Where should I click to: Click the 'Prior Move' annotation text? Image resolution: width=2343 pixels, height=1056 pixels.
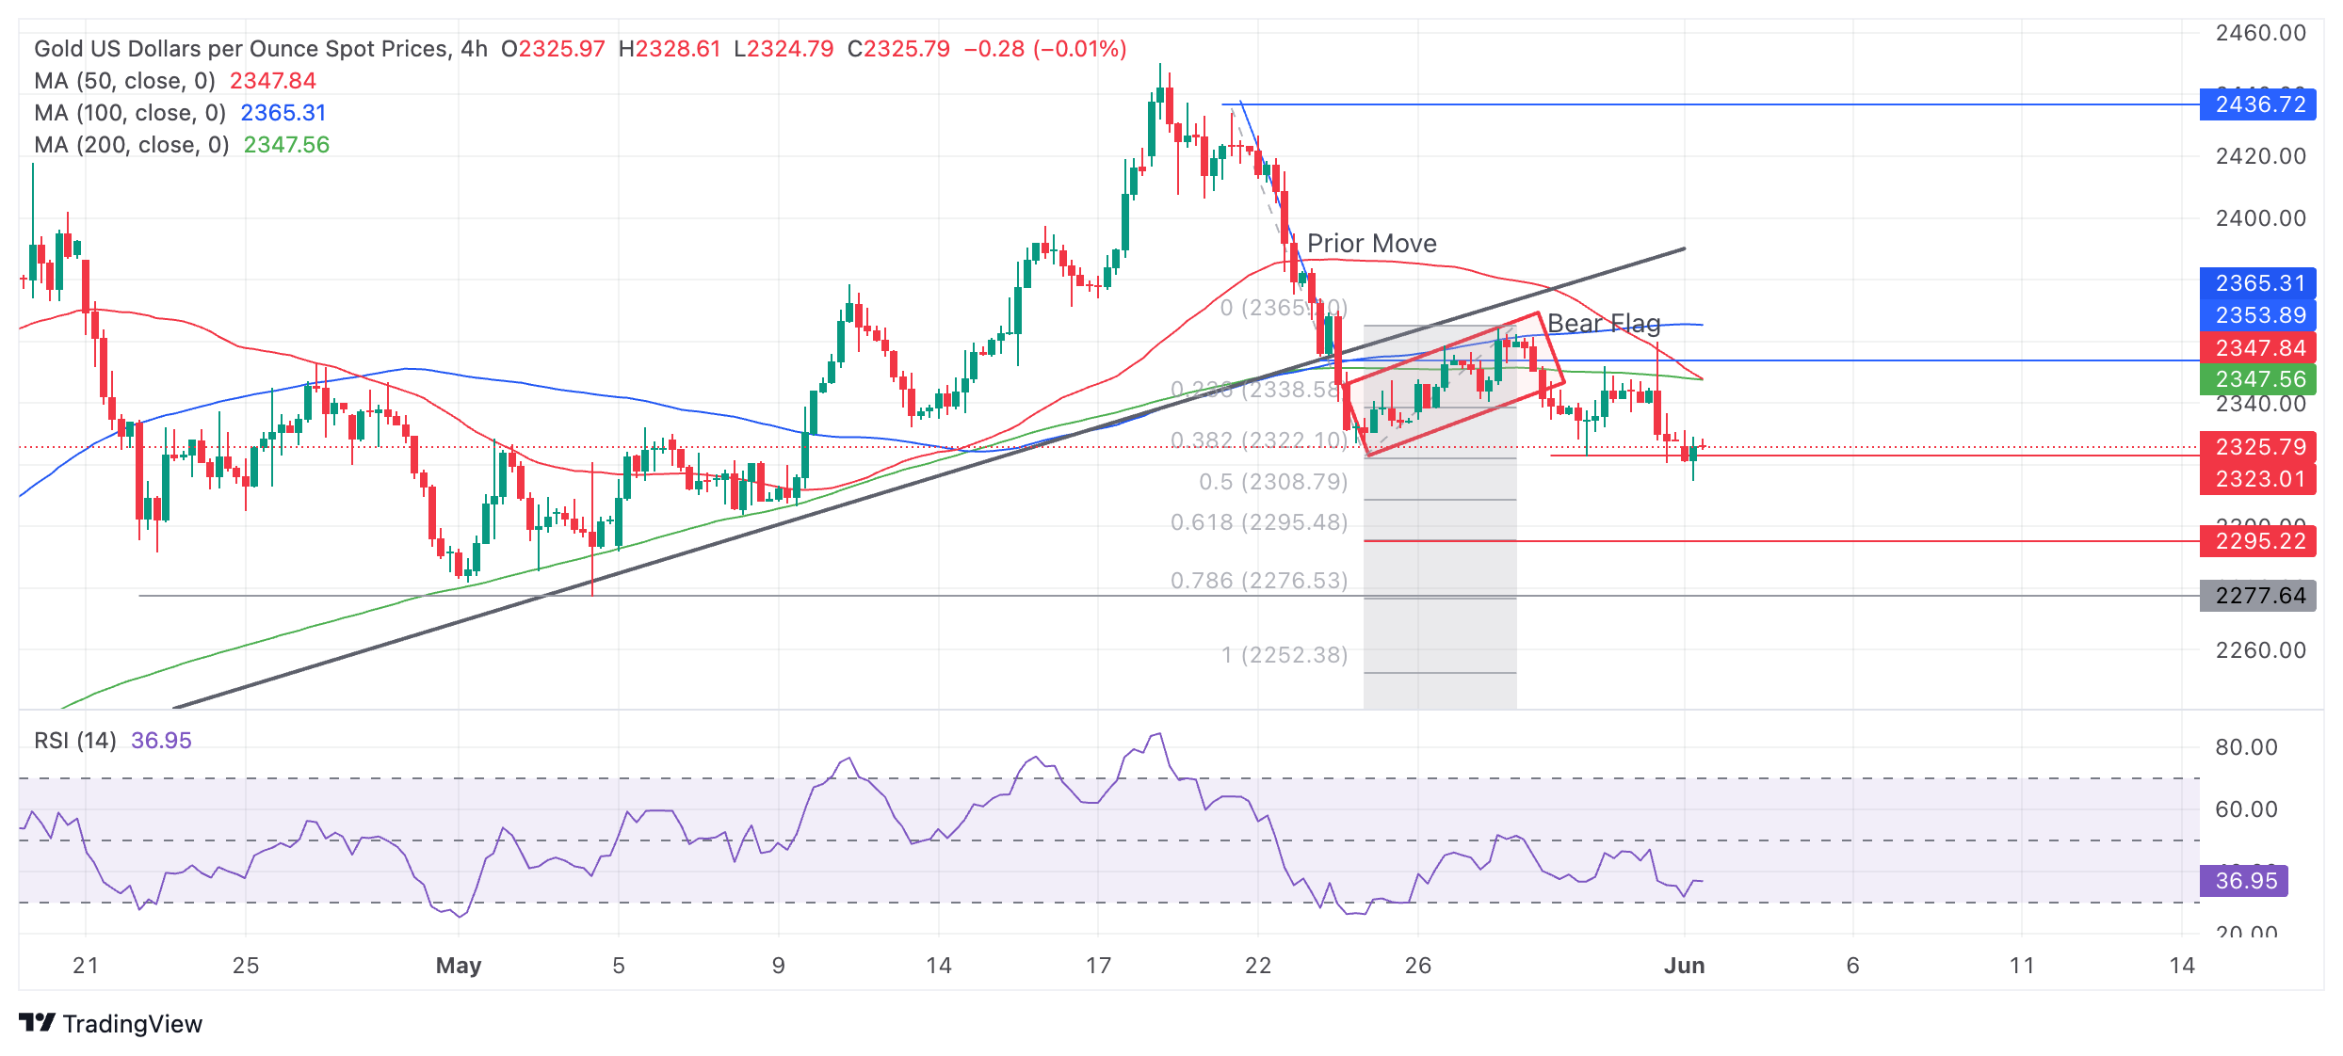tap(1371, 244)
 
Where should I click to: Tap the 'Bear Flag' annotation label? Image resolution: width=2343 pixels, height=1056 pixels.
tap(1603, 324)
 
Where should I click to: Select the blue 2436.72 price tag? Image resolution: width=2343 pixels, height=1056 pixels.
tap(2257, 104)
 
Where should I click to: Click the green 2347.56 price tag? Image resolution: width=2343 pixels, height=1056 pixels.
tap(2257, 379)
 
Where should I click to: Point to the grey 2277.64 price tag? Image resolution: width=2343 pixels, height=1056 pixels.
tap(2257, 596)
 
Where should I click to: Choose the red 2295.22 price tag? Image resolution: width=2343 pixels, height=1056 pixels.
tap(2257, 541)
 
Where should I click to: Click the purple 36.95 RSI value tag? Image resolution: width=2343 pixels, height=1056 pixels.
tap(2244, 881)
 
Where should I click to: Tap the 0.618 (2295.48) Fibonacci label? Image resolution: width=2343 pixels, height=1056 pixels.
tap(1259, 522)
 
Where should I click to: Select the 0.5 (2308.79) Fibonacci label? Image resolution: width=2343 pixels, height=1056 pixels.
tap(1273, 482)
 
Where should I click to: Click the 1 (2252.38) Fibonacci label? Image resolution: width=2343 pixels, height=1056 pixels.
tap(1285, 655)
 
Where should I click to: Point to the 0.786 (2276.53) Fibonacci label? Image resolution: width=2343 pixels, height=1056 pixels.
tap(1259, 581)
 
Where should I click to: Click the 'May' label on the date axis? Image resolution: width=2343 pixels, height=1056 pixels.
tap(459, 966)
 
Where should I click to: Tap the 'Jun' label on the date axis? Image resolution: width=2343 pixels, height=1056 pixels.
tap(1684, 966)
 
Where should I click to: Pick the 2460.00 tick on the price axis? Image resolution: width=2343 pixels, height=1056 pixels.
tap(2260, 33)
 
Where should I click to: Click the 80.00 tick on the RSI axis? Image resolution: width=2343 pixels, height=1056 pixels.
tap(2246, 747)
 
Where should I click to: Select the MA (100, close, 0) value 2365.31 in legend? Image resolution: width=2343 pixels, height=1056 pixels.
tap(283, 113)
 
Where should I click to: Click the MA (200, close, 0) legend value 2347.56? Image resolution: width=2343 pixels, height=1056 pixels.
tap(286, 145)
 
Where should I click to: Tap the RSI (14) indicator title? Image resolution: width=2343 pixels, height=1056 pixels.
tap(75, 741)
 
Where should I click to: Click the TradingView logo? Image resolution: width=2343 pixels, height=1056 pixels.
tap(110, 1024)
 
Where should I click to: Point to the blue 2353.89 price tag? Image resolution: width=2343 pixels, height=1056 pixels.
tap(2257, 315)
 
